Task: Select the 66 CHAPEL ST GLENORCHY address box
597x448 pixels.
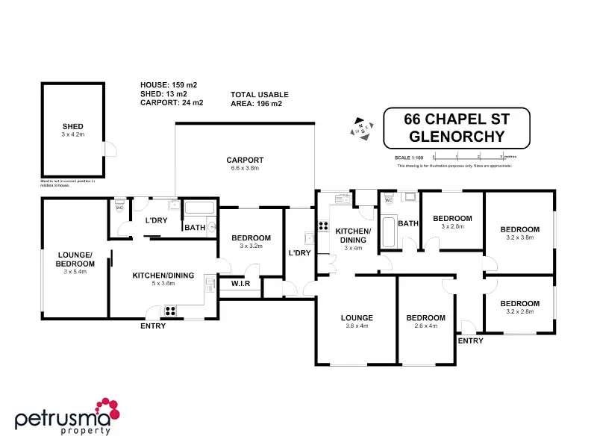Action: (456, 128)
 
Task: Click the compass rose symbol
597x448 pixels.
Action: (363, 128)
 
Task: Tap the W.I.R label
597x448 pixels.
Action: (240, 283)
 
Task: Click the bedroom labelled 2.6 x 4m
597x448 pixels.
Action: (425, 321)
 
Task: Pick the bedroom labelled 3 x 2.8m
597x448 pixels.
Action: (452, 222)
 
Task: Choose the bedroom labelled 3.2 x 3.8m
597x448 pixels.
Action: (519, 233)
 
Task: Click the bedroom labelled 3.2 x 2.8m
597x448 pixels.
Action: (519, 307)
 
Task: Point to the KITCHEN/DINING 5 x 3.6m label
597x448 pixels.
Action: (163, 279)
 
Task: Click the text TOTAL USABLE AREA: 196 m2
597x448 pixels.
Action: (259, 99)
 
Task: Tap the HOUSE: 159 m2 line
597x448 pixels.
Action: (169, 85)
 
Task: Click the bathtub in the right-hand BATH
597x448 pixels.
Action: (388, 232)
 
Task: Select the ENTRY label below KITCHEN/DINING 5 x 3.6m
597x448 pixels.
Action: (153, 326)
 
